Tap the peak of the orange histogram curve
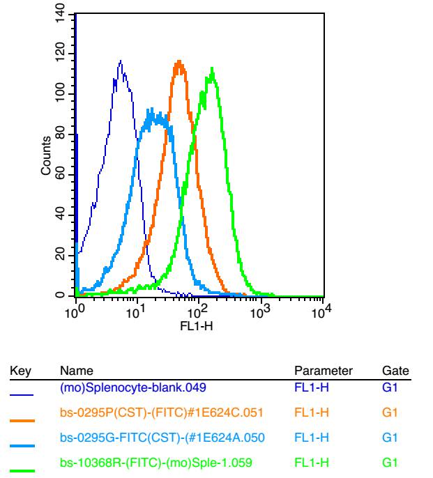point(179,61)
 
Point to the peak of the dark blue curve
point(121,61)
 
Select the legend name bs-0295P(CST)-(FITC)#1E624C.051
point(162,413)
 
